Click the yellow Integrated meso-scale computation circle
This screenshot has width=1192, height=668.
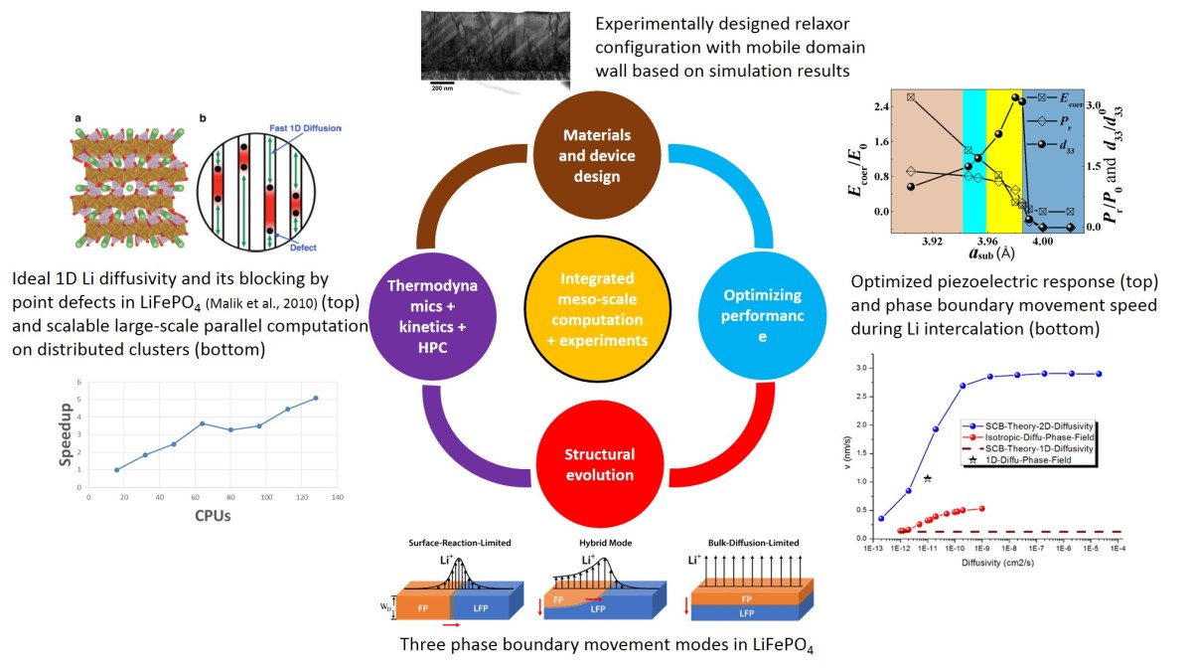pos(594,305)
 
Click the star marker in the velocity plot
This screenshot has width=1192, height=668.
pos(927,478)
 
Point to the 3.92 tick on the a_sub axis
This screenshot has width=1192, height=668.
pos(932,241)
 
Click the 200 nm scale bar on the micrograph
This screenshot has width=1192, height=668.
pos(442,86)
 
